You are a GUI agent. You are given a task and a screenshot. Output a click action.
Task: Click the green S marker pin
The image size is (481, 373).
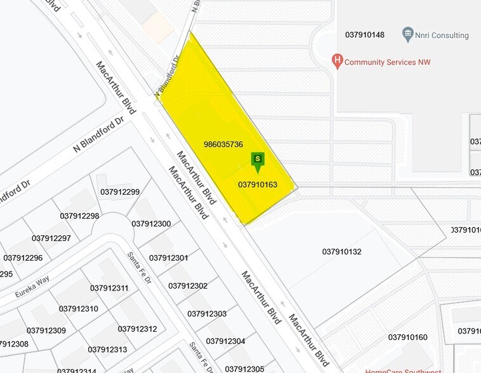pos(258,160)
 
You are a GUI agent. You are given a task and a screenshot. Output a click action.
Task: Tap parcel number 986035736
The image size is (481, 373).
pos(223,144)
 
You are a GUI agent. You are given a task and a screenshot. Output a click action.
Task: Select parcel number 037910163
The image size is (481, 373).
pos(258,185)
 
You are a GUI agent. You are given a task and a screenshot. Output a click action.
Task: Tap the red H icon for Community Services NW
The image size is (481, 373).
pos(338,62)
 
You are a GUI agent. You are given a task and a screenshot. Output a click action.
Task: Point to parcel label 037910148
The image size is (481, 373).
pos(365,34)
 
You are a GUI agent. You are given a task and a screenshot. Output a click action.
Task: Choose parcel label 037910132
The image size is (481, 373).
pos(341,252)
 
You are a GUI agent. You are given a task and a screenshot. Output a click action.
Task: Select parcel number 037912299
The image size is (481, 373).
pos(120,192)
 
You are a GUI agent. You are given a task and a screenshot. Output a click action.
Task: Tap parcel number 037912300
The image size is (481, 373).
pos(151,223)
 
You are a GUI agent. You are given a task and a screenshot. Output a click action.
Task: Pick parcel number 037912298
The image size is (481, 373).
pos(79,216)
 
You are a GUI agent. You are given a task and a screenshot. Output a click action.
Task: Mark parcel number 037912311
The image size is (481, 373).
pos(109,288)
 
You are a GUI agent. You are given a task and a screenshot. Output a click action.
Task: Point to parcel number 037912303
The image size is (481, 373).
pos(207,313)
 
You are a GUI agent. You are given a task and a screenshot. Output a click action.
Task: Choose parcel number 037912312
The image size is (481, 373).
pos(137,329)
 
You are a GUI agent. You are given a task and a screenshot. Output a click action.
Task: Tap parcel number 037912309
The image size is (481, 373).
pos(46,330)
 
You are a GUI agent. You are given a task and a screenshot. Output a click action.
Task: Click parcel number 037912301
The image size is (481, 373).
pos(169,258)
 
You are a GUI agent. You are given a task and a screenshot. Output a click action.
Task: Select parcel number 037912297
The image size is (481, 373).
pos(51,238)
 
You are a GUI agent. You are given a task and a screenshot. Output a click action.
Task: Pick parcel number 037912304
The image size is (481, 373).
pos(225,341)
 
